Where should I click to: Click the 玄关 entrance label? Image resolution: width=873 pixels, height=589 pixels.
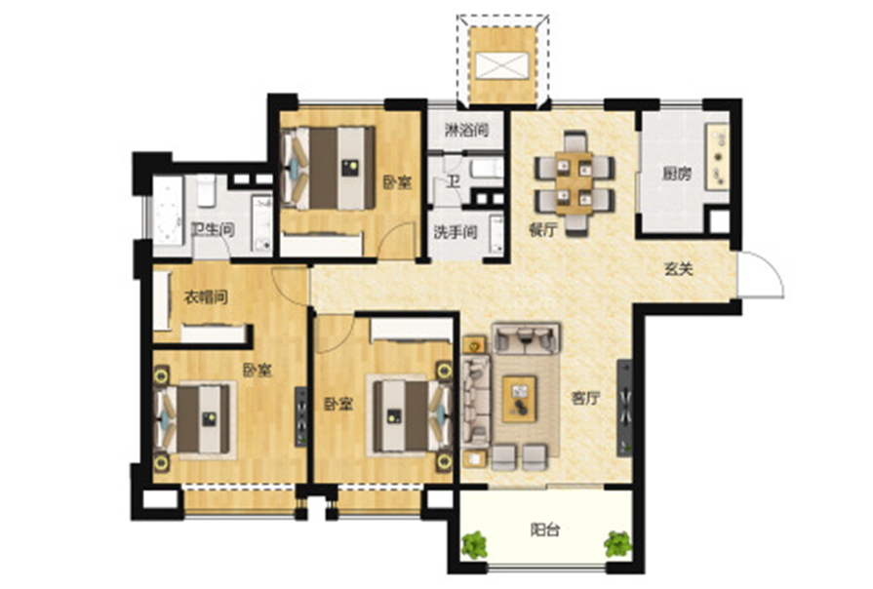point(679,269)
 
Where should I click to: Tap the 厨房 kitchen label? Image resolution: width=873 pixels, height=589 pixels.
point(677,175)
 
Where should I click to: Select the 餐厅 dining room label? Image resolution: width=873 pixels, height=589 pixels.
point(543,229)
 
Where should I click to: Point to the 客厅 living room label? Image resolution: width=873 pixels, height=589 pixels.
point(585,399)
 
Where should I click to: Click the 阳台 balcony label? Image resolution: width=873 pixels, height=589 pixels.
point(544,530)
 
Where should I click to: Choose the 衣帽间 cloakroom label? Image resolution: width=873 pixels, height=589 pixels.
point(206,297)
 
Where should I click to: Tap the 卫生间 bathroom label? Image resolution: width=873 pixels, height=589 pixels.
point(213,229)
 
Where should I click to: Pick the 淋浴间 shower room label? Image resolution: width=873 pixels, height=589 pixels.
point(466,131)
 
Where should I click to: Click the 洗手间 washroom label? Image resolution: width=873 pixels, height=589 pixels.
point(456,232)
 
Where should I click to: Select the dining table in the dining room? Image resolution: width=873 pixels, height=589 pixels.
point(575,183)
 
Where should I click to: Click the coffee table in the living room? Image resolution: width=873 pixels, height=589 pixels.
point(519,399)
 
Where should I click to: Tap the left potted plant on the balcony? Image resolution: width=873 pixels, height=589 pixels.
point(474,544)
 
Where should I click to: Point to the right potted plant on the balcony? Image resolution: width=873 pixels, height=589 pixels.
point(618,544)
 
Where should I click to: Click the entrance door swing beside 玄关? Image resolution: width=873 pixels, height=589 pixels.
point(762,274)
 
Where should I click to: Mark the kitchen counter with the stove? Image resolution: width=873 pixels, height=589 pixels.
point(717,156)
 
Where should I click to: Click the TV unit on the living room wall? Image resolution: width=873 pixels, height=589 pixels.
point(624,408)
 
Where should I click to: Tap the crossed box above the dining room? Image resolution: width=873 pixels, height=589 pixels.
point(502,65)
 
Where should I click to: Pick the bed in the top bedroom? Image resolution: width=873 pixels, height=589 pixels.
point(329,169)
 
